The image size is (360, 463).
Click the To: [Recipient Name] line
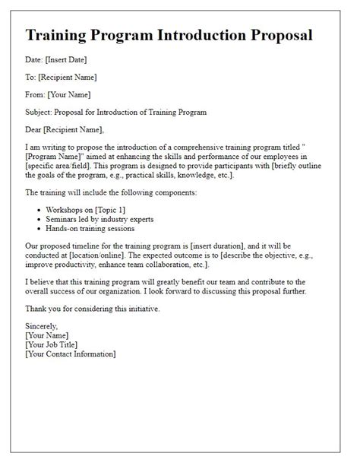tap(61, 77)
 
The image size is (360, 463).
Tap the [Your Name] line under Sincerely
tap(48, 335)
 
